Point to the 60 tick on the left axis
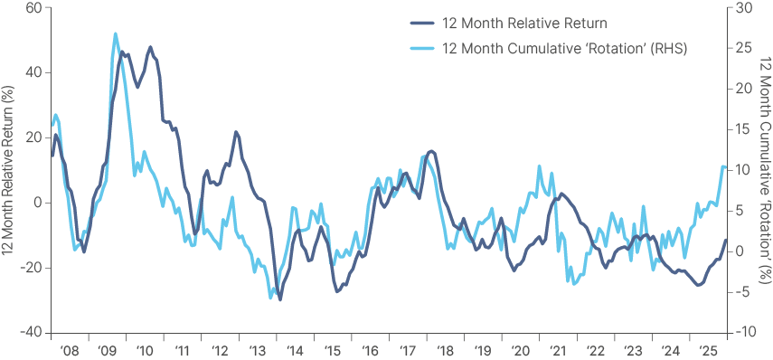pos(33,8)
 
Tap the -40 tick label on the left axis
pos(30,332)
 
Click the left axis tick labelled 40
pos(33,72)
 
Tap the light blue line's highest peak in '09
pos(116,34)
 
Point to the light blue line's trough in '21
pos(573,283)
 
